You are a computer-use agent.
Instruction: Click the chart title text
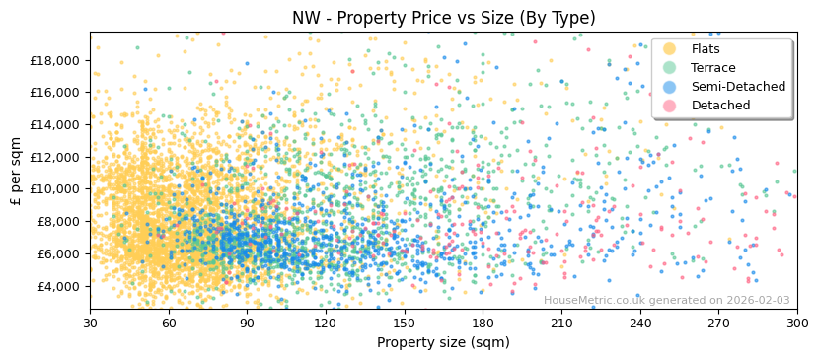point(443,18)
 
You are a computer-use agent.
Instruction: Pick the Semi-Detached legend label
point(738,87)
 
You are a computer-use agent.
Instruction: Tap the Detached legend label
point(720,106)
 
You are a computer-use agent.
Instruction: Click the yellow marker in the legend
point(669,49)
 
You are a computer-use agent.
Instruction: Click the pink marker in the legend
point(669,106)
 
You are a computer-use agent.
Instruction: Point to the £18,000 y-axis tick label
point(55,60)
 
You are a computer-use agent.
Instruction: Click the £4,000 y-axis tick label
point(58,286)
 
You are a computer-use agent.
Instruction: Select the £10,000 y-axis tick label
point(55,189)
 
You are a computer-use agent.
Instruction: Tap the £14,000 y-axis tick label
point(55,124)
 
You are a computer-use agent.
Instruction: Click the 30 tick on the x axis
point(90,323)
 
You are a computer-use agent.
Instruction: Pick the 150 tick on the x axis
point(405,323)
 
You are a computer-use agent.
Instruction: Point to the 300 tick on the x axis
point(797,323)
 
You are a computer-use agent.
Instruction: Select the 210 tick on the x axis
point(561,323)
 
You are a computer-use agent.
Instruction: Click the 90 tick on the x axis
point(247,323)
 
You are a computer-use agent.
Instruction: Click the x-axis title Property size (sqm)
point(443,342)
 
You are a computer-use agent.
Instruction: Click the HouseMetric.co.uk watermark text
point(666,300)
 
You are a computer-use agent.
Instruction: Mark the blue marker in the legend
point(669,87)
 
